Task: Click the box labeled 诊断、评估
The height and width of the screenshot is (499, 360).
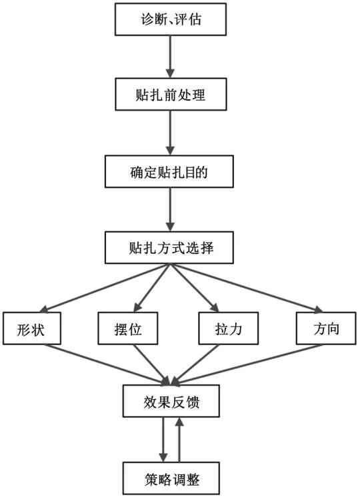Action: pos(171,19)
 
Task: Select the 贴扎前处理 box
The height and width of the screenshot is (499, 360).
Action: pos(171,95)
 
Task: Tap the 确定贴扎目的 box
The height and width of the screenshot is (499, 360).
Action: pos(169,171)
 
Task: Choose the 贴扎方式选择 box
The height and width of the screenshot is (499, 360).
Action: pos(169,248)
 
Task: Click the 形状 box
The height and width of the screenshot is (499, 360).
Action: pos(32,328)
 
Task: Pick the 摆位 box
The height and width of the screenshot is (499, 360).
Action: pos(128,328)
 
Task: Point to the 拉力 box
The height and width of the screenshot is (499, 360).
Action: pos(229,328)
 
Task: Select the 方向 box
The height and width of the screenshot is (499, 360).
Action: pos(326,328)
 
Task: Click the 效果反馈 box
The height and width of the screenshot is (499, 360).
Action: pos(171,401)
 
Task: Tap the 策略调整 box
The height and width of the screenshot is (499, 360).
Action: pos(171,478)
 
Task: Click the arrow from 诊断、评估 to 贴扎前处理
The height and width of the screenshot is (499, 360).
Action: pos(171,57)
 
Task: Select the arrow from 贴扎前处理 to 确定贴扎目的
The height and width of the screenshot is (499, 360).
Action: pos(171,133)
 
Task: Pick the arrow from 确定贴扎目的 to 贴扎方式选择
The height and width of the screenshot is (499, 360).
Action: pos(171,209)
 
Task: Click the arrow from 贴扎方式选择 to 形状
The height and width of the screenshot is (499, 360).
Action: pos(105,287)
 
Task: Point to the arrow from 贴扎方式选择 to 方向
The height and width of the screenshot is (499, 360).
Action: pos(247,288)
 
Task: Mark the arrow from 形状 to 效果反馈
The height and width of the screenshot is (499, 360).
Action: pos(108,364)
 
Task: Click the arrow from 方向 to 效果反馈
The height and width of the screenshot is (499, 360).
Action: pos(247,364)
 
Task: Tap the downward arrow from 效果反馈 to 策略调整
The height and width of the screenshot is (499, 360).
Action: pos(163,440)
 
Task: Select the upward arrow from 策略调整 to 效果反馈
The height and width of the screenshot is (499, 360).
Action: pos(179,440)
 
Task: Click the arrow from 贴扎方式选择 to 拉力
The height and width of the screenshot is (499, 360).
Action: pos(195,287)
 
